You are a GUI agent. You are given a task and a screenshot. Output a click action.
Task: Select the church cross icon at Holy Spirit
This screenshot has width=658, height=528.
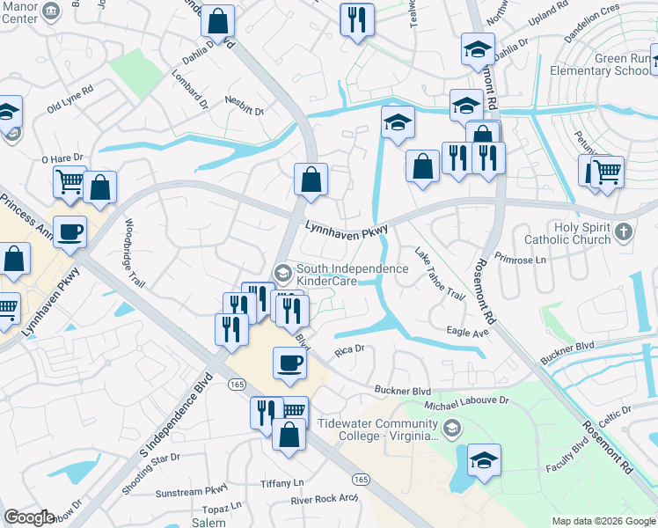[x=624, y=232]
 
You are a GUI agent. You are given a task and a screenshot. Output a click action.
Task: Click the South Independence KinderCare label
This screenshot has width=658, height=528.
[x=352, y=275]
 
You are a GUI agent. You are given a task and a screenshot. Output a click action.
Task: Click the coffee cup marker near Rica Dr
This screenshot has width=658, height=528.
[x=289, y=363]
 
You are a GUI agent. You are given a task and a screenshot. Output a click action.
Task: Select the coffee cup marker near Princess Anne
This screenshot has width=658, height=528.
[x=70, y=231]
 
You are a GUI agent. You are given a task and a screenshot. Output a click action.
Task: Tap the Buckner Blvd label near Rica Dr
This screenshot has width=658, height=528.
[x=403, y=390]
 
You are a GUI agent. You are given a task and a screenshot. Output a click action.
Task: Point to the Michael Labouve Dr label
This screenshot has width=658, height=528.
[x=466, y=401]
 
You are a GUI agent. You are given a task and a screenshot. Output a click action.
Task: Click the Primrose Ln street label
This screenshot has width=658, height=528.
[x=520, y=260]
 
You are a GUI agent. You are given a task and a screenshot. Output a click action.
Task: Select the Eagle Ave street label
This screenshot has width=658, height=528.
[x=466, y=333]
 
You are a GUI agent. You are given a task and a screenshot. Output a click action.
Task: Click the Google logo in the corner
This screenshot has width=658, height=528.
[x=29, y=518]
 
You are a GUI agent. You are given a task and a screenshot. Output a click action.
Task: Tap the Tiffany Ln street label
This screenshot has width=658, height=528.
[x=281, y=483]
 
